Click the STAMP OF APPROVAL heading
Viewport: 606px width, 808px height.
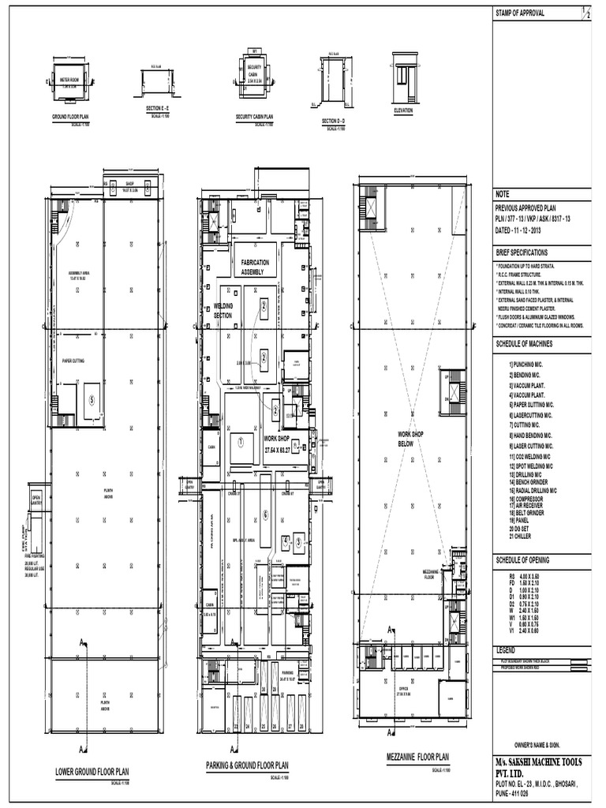(x=520, y=13)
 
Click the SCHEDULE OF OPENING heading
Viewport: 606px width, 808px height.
(x=528, y=559)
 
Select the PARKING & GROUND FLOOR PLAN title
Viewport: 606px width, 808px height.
(x=247, y=765)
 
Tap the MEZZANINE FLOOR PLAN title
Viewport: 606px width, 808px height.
(x=417, y=756)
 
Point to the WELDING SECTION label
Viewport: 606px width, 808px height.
(x=224, y=311)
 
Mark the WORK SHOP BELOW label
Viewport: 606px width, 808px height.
(x=410, y=440)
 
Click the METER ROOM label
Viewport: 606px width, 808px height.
(x=70, y=80)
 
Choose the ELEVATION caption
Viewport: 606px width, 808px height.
(x=403, y=111)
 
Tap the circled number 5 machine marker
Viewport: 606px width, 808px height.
(x=92, y=399)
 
